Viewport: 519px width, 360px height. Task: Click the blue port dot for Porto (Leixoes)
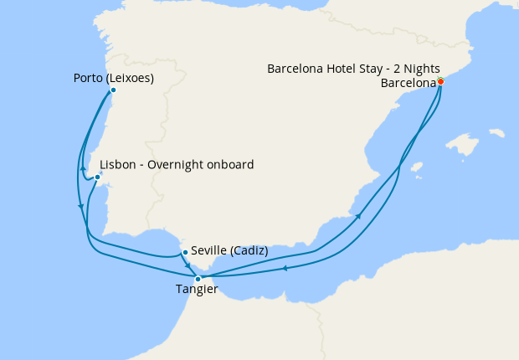pyautogui.click(x=113, y=90)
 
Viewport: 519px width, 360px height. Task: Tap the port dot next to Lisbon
pyautogui.click(x=97, y=177)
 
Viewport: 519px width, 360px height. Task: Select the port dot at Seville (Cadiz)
pyautogui.click(x=184, y=251)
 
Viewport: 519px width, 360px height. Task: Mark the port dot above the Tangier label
pyautogui.click(x=198, y=279)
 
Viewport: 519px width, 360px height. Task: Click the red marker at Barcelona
pyautogui.click(x=440, y=81)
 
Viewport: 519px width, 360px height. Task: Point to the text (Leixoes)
pyautogui.click(x=131, y=79)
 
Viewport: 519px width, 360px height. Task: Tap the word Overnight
pyautogui.click(x=173, y=165)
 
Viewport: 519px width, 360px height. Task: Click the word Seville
pyautogui.click(x=208, y=250)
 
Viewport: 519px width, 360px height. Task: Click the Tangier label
pyautogui.click(x=197, y=290)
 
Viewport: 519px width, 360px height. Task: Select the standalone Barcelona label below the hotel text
pyautogui.click(x=408, y=83)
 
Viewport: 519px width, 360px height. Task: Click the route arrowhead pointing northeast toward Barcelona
pyautogui.click(x=359, y=216)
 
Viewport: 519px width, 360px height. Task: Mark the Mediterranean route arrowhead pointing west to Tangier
pyautogui.click(x=285, y=269)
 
